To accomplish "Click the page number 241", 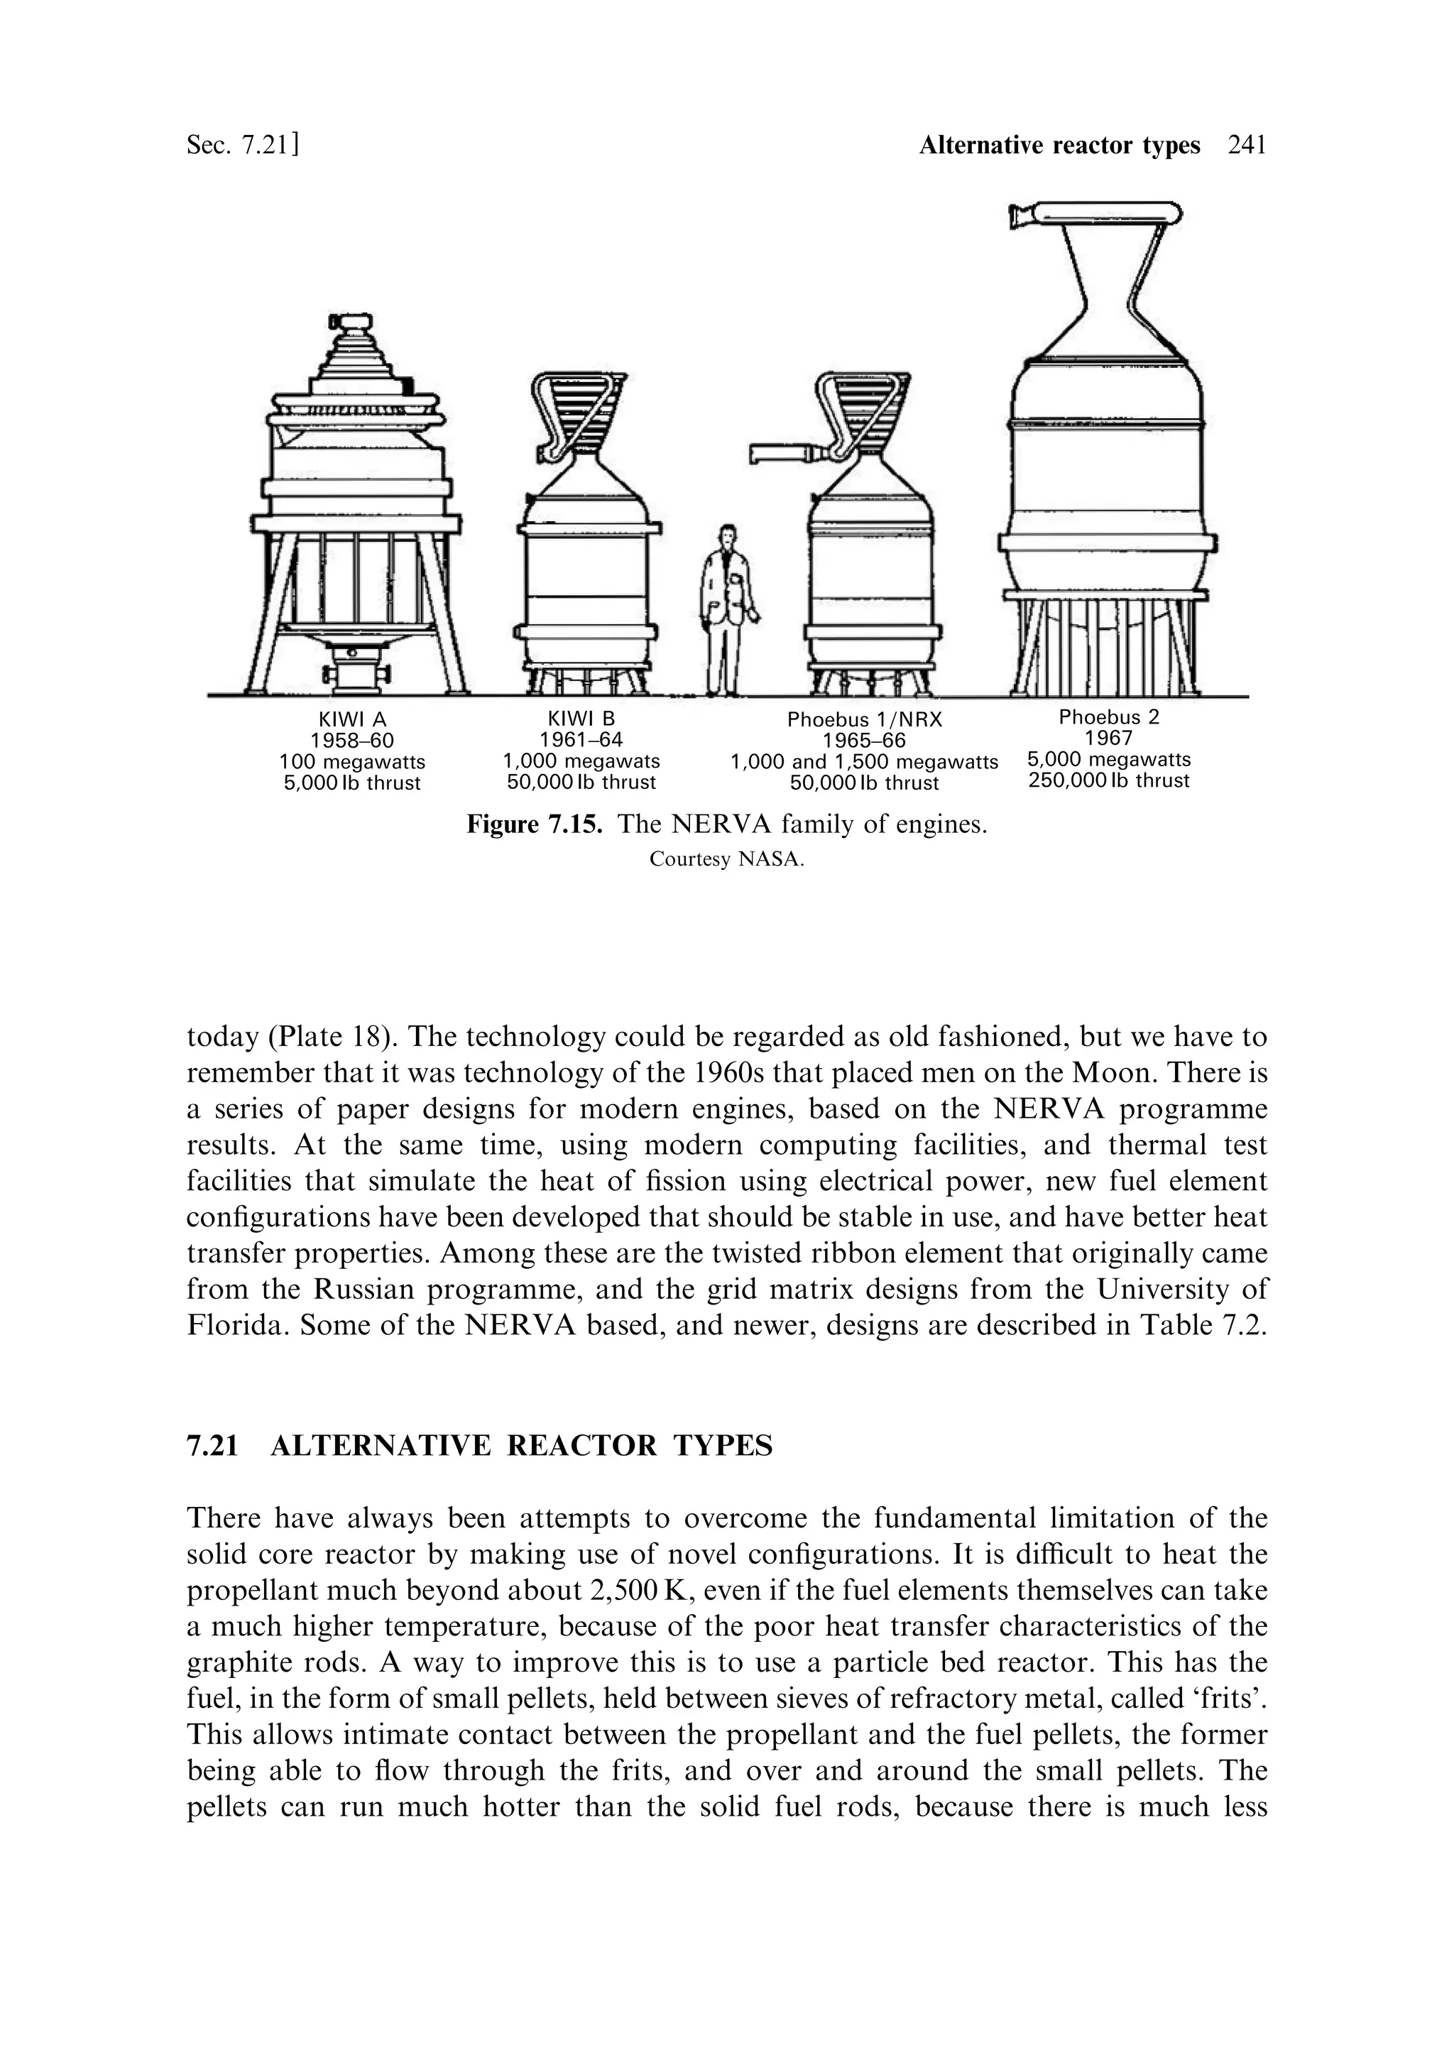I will pyautogui.click(x=1247, y=145).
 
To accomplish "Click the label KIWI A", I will pyautogui.click(x=351, y=720).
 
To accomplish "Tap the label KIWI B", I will pyautogui.click(x=581, y=719).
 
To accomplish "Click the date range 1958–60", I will pyautogui.click(x=351, y=741).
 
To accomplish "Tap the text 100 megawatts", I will pyautogui.click(x=351, y=763).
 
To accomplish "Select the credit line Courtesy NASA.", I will pyautogui.click(x=726, y=859).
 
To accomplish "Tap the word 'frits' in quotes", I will pyautogui.click(x=1229, y=1699).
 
